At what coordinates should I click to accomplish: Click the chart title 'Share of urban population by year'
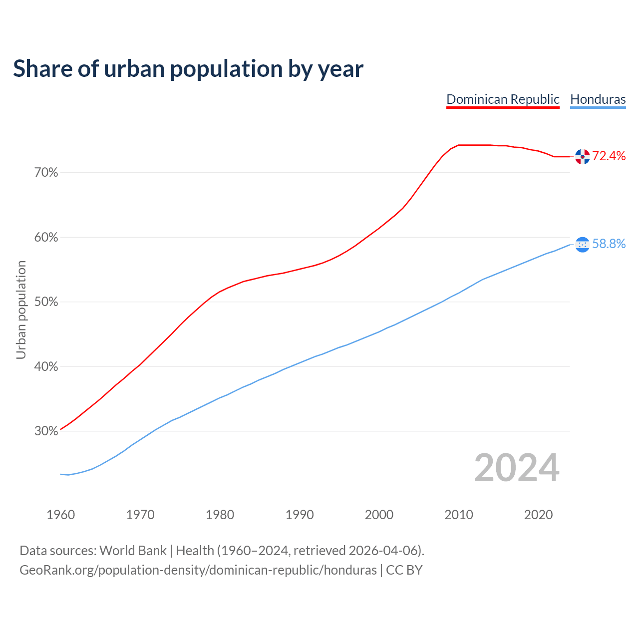[188, 69]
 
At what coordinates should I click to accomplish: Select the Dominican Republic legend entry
[503, 99]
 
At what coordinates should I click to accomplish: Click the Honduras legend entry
[598, 99]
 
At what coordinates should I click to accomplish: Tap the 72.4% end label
[609, 156]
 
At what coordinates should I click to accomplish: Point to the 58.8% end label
[609, 244]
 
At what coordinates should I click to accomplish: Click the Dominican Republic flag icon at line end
[582, 157]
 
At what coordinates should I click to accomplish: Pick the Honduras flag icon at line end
[582, 244]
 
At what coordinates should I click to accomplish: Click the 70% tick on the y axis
[46, 173]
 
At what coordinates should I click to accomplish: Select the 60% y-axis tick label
[46, 238]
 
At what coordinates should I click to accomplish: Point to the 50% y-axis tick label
[46, 302]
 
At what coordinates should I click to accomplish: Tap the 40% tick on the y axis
[46, 367]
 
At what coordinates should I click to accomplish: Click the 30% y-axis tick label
[46, 431]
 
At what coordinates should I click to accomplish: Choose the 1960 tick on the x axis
[61, 515]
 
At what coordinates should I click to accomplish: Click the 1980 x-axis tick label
[220, 515]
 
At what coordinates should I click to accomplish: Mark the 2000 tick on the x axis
[379, 515]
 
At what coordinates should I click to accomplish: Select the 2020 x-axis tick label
[538, 515]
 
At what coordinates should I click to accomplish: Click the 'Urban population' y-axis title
[21, 310]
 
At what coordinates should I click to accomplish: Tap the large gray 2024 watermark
[517, 468]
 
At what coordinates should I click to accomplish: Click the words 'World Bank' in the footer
[133, 551]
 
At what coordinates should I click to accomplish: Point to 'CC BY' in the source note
[404, 570]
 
